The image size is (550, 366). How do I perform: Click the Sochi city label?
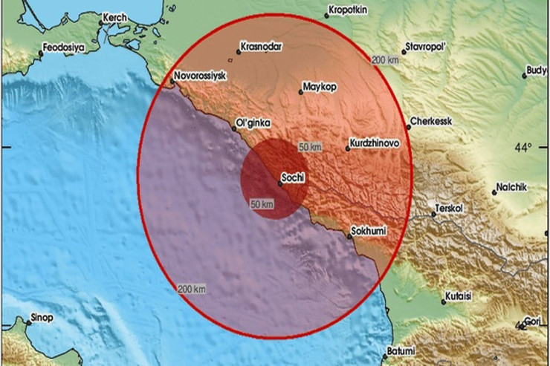(290, 178)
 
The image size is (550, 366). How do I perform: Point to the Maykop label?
(320, 87)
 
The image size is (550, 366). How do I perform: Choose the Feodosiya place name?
(63, 46)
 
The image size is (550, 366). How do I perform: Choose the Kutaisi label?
(460, 296)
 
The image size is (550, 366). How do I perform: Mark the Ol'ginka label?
(253, 122)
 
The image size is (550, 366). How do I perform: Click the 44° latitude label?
(527, 146)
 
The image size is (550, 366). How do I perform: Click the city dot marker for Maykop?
(301, 92)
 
